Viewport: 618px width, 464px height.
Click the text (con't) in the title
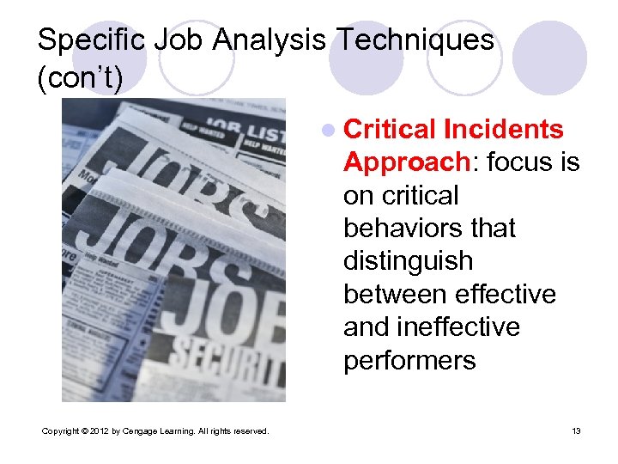80,79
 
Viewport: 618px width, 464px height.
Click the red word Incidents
504,129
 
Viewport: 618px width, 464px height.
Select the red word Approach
399,162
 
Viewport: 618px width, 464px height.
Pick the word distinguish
408,260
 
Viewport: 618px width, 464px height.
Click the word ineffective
459,327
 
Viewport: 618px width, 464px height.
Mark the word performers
409,359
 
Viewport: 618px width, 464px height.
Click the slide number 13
576,430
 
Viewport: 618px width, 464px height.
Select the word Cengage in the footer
140,430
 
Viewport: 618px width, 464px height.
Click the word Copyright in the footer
61,430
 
